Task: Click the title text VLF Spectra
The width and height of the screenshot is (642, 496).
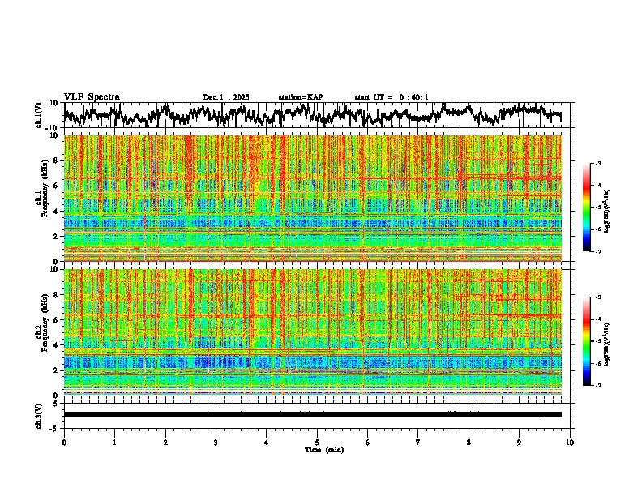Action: pyautogui.click(x=92, y=97)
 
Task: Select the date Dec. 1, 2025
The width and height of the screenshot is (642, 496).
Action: pyautogui.click(x=226, y=97)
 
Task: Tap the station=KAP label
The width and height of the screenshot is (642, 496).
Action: pyautogui.click(x=300, y=97)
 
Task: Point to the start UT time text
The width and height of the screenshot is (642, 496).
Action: pyautogui.click(x=392, y=97)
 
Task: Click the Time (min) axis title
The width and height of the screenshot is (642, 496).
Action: pyautogui.click(x=317, y=449)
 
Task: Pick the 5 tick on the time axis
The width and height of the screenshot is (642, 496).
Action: pyautogui.click(x=317, y=443)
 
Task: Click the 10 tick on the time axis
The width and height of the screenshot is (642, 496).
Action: pyautogui.click(x=571, y=443)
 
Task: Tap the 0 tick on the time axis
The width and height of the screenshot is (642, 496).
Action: pyautogui.click(x=64, y=443)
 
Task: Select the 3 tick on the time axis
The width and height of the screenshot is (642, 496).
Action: pyautogui.click(x=216, y=443)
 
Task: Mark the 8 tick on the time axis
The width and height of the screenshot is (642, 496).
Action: pyautogui.click(x=469, y=443)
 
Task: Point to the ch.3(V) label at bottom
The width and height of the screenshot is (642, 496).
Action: pyautogui.click(x=38, y=414)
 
